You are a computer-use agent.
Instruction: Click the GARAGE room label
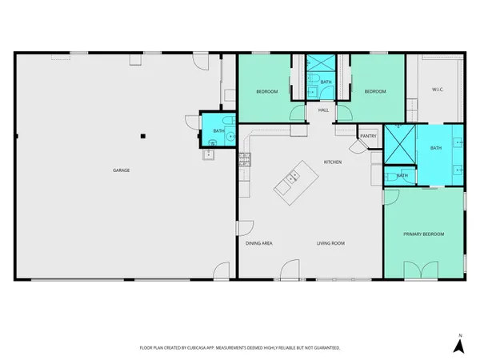click(121, 170)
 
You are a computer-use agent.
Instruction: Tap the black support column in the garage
click(142, 136)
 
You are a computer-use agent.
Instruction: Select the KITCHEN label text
click(333, 162)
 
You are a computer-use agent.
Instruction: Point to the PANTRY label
click(368, 136)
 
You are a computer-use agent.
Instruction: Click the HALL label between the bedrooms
click(323, 110)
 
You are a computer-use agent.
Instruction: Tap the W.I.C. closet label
click(438, 89)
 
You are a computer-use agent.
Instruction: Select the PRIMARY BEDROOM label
click(424, 234)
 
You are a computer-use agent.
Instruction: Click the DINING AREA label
click(260, 243)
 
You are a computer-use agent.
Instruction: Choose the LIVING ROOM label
click(330, 243)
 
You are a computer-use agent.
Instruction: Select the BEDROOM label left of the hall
click(266, 91)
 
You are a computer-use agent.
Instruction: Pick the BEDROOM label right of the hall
click(375, 91)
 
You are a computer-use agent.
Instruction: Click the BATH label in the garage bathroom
click(218, 130)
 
